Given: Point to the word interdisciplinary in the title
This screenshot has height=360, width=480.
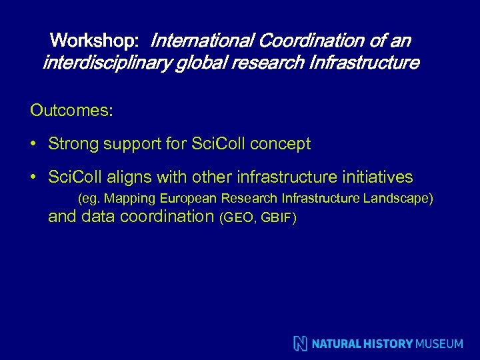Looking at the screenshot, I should click(x=107, y=63).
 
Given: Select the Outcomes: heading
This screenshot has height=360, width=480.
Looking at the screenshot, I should click(x=71, y=110).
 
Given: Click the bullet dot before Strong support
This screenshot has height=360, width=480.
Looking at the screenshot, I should click(x=33, y=144).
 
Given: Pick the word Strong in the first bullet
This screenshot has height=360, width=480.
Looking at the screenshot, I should click(x=72, y=143).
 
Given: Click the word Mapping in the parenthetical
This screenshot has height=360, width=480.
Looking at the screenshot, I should click(x=128, y=199).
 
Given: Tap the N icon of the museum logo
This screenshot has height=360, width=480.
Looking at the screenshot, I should click(x=301, y=343).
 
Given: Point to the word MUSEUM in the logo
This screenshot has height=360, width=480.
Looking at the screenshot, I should click(x=439, y=344).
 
